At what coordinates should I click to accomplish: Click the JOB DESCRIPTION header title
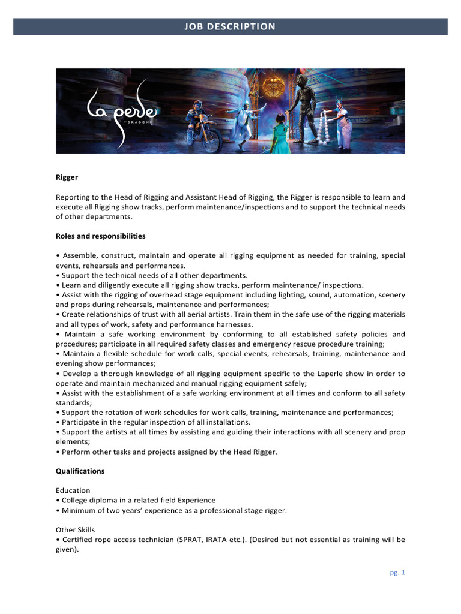230,26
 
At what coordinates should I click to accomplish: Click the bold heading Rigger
67,177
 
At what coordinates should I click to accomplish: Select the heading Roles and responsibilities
100,236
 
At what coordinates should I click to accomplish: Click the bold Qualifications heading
80,471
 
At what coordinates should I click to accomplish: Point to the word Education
73,490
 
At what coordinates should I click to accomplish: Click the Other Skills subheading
75,530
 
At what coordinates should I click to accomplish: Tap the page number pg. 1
397,573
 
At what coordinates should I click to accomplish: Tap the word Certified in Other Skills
77,540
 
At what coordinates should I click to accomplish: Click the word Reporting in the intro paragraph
73,197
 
